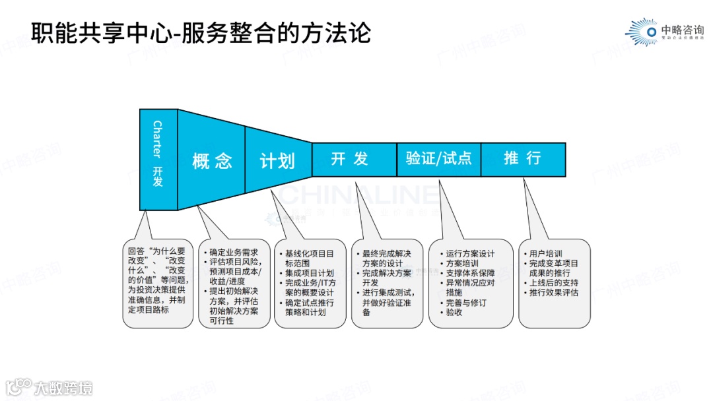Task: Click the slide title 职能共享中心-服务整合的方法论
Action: click(x=201, y=32)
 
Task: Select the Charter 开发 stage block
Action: click(x=158, y=159)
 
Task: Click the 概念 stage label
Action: click(x=212, y=161)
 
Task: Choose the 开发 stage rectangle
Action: click(x=354, y=159)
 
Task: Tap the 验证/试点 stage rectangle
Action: click(x=438, y=159)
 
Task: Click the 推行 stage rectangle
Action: click(x=523, y=159)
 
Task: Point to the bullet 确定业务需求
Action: click(x=233, y=253)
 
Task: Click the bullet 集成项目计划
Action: click(x=309, y=273)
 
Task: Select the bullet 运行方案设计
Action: click(x=469, y=254)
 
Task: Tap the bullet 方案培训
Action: click(x=462, y=264)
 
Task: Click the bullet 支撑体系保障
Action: click(x=469, y=273)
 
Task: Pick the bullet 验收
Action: click(x=454, y=313)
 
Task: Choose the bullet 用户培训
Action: click(x=545, y=254)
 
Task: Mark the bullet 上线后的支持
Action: click(x=553, y=283)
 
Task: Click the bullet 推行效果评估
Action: click(x=553, y=293)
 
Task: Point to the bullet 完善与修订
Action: click(x=465, y=303)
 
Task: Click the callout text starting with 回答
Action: click(x=158, y=280)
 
